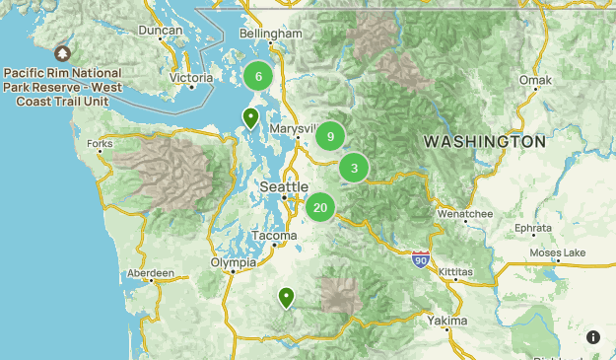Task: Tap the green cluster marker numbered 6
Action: click(x=258, y=77)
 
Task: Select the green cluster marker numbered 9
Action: click(x=330, y=137)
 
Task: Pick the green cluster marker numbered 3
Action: click(x=354, y=169)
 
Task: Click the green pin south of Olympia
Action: click(x=287, y=297)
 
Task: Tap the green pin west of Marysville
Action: click(x=251, y=118)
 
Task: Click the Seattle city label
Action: click(x=284, y=187)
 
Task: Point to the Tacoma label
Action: click(x=273, y=237)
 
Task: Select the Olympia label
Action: click(x=234, y=263)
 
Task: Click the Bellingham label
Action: click(x=270, y=34)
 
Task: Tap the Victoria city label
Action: click(x=191, y=77)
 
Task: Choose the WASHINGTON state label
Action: click(x=484, y=142)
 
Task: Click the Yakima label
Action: click(x=448, y=321)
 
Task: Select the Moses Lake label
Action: click(x=557, y=253)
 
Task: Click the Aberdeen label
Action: click(x=151, y=273)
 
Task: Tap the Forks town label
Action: click(x=100, y=144)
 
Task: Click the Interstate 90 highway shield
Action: click(x=422, y=259)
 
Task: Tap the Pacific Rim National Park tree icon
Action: click(x=63, y=53)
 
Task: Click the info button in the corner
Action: click(x=593, y=337)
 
